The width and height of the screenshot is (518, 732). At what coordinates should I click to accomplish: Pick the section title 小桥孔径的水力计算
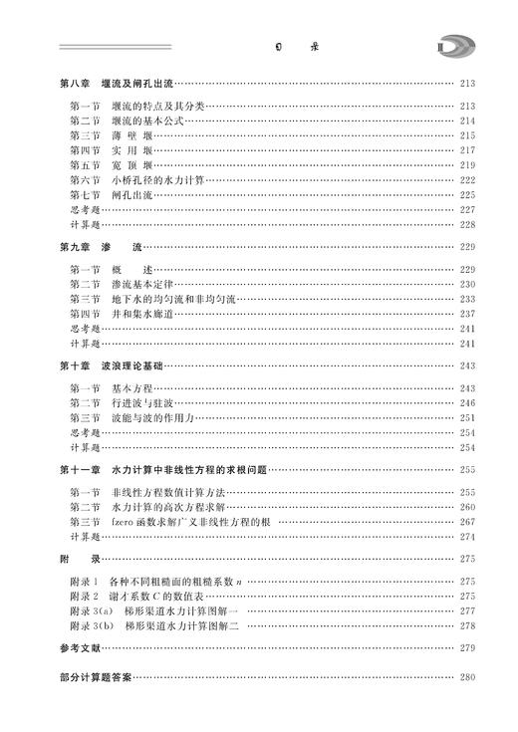point(157,179)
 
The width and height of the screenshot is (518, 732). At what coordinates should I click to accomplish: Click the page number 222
point(467,179)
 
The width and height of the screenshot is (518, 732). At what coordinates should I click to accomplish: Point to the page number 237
point(467,314)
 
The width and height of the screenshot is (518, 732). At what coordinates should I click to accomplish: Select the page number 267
point(467,522)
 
